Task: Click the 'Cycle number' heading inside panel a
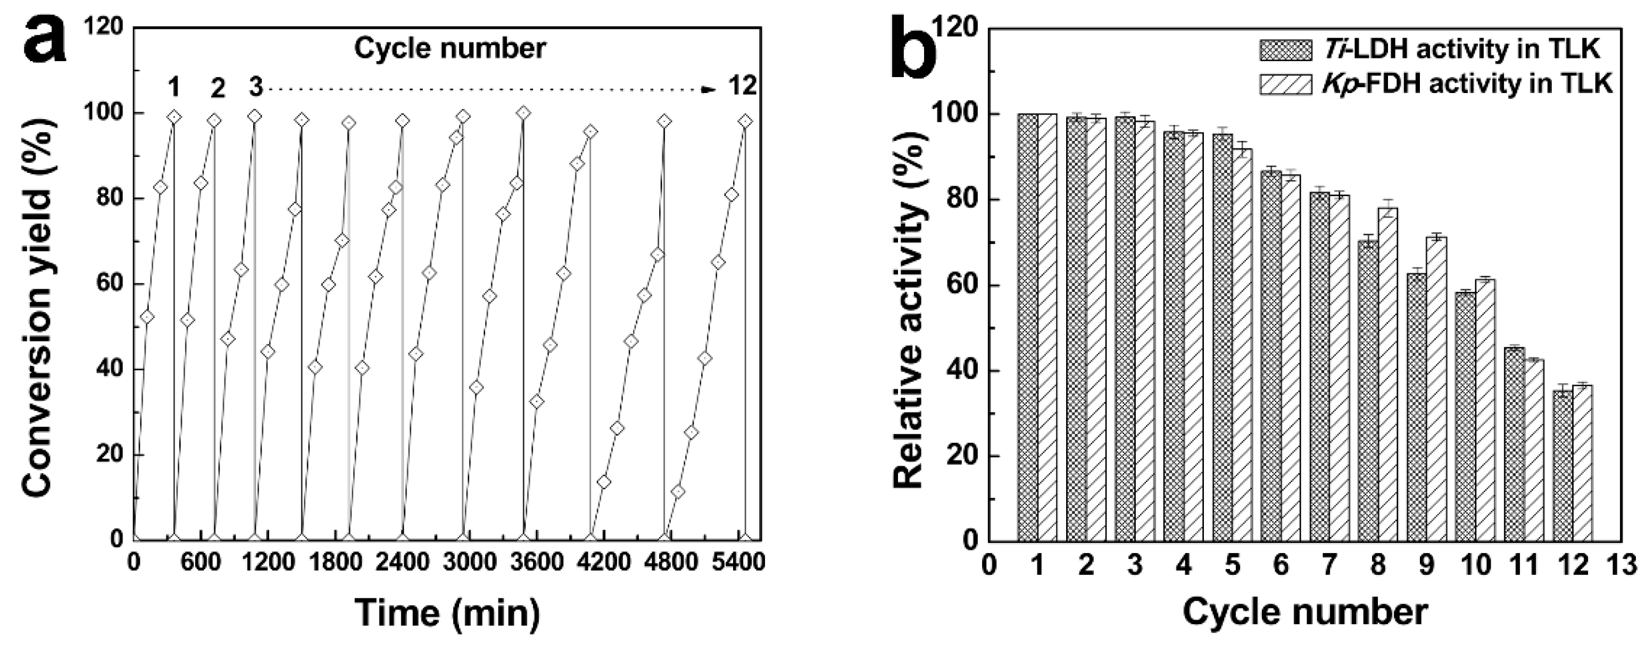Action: click(451, 48)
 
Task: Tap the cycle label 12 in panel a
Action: click(743, 86)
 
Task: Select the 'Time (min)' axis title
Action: click(447, 613)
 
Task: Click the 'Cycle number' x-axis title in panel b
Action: click(1306, 613)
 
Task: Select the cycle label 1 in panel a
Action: click(173, 87)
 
